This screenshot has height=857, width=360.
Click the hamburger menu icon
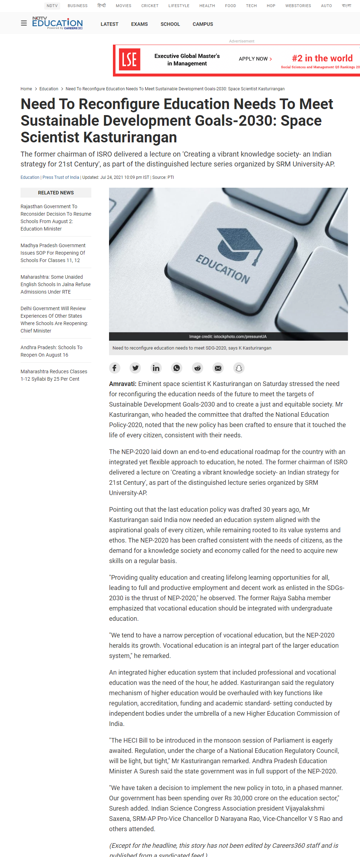(24, 23)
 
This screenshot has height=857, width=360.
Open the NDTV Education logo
(57, 23)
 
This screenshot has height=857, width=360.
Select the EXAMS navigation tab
(139, 24)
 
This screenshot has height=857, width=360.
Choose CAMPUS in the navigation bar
(203, 24)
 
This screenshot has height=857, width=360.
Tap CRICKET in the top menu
(150, 6)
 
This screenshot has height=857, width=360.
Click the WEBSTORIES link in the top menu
(298, 6)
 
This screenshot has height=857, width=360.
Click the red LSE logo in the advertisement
(129, 59)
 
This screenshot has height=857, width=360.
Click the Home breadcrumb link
(26, 89)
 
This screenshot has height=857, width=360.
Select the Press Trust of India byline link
(61, 177)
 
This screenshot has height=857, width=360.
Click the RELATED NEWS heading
(56, 193)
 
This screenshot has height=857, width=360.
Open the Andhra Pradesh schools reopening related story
(51, 351)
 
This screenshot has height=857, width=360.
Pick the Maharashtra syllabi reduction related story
(54, 375)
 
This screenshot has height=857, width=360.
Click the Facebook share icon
(114, 368)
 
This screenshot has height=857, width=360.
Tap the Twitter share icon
(135, 368)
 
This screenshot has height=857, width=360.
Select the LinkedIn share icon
(156, 368)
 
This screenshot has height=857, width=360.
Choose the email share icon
(218, 368)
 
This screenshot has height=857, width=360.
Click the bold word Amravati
(122, 384)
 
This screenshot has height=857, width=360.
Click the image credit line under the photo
(228, 337)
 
